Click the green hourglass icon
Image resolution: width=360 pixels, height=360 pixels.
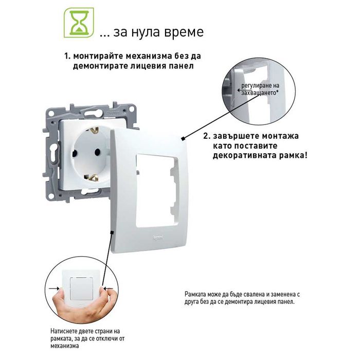(79, 23)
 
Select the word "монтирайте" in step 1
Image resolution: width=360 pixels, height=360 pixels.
(99, 56)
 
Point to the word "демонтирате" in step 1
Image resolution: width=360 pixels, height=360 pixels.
(100, 66)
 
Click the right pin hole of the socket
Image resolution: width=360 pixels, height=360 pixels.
(98, 152)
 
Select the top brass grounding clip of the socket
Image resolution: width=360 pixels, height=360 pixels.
(94, 131)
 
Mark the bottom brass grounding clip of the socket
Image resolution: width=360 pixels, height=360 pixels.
(92, 178)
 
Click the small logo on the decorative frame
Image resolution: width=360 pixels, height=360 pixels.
(158, 237)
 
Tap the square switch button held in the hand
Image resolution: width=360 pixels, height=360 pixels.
(82, 289)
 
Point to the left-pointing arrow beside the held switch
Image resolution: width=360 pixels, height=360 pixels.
(108, 289)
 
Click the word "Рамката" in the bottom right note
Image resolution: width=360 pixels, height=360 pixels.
(195, 294)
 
